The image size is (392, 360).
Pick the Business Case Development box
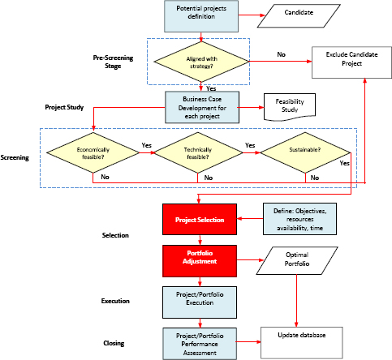pos(200,106)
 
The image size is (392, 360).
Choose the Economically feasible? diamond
pos(93,152)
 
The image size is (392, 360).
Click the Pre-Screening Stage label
pos(118,62)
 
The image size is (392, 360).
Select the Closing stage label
pos(114,343)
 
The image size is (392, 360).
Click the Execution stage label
pos(117,300)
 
